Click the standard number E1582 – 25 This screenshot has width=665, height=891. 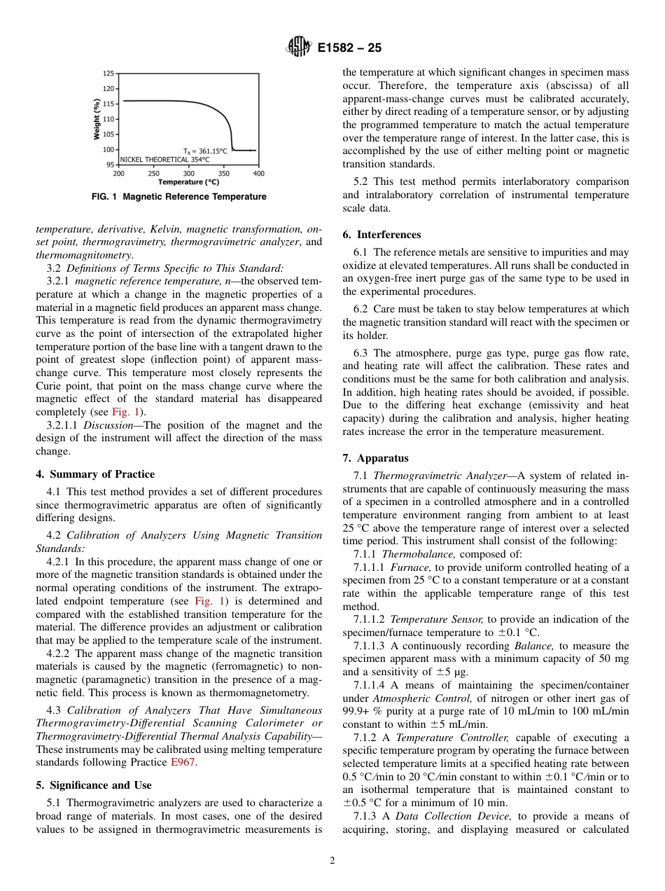pos(349,49)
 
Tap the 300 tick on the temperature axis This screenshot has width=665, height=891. pos(189,173)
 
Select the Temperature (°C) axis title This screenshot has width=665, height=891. pos(188,182)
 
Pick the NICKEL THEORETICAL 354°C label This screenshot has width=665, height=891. pos(165,159)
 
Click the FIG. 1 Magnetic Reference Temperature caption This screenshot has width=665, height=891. pos(178,197)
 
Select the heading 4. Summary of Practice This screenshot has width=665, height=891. pos(95,474)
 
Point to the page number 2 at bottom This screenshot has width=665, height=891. pos(332,861)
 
